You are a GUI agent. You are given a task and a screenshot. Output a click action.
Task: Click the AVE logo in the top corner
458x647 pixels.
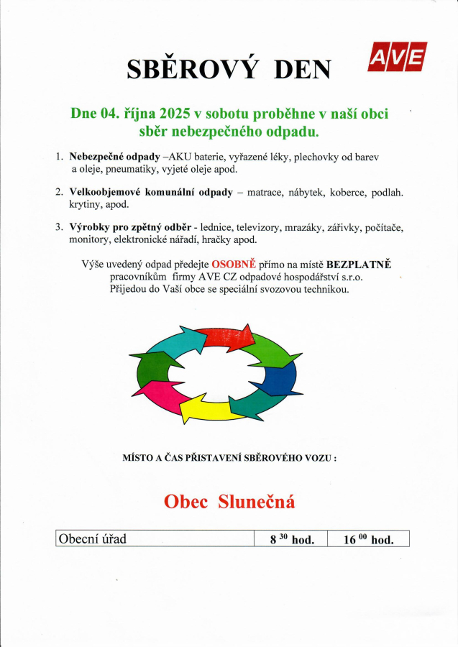[397, 58]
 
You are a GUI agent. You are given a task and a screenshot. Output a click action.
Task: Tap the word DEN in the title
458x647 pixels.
[303, 68]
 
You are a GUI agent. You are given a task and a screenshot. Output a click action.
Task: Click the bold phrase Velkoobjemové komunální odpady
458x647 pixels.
[151, 192]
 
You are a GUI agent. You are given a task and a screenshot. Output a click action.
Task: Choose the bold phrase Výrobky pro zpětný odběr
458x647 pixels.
[129, 227]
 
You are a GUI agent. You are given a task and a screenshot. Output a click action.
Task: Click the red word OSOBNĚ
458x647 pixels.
[234, 264]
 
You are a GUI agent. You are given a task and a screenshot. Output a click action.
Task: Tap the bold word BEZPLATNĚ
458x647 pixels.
[358, 264]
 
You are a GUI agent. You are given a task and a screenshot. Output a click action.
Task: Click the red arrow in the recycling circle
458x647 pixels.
[225, 336]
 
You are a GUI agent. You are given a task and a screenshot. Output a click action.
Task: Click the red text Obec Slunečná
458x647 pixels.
[229, 501]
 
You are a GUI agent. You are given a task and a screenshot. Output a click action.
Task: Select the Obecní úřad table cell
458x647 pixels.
[154, 539]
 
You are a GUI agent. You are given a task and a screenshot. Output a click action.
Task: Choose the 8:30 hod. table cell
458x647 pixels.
[290, 539]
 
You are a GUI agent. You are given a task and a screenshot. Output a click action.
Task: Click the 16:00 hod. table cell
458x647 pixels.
[367, 539]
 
